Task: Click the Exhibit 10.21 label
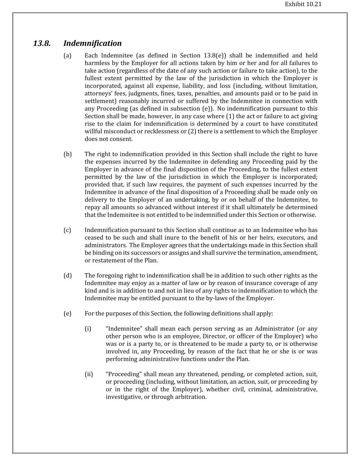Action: [x=303, y=4]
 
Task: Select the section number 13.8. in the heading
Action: [x=42, y=43]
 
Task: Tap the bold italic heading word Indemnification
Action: [x=92, y=43]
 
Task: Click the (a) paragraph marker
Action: [x=68, y=56]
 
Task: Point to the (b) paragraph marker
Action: [x=68, y=154]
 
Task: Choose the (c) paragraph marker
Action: [x=67, y=230]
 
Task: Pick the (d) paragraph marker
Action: [x=68, y=276]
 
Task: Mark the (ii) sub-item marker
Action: [x=89, y=374]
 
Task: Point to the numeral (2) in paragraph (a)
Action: [x=192, y=131]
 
